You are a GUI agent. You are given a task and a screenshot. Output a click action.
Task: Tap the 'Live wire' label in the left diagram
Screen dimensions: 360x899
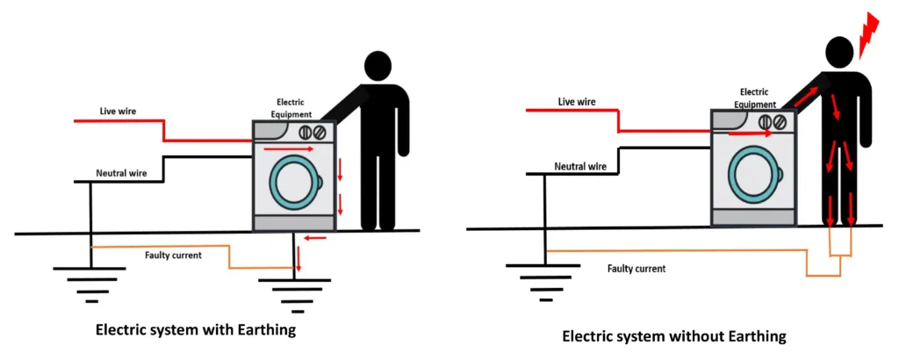coord(119,112)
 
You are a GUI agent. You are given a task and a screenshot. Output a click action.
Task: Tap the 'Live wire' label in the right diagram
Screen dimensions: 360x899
coord(577,102)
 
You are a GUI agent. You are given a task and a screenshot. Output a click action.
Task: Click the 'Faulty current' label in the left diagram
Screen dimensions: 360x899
coord(174,256)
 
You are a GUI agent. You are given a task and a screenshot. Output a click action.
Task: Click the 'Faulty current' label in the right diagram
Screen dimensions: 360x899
coord(636,269)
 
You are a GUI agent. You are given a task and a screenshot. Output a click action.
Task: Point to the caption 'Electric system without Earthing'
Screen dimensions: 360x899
coord(673,335)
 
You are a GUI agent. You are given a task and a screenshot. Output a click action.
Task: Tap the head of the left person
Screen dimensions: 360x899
coord(378,67)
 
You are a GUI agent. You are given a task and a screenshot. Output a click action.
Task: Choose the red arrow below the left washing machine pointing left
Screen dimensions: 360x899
coord(315,237)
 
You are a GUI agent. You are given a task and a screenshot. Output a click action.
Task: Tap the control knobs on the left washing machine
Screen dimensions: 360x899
coord(313,133)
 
